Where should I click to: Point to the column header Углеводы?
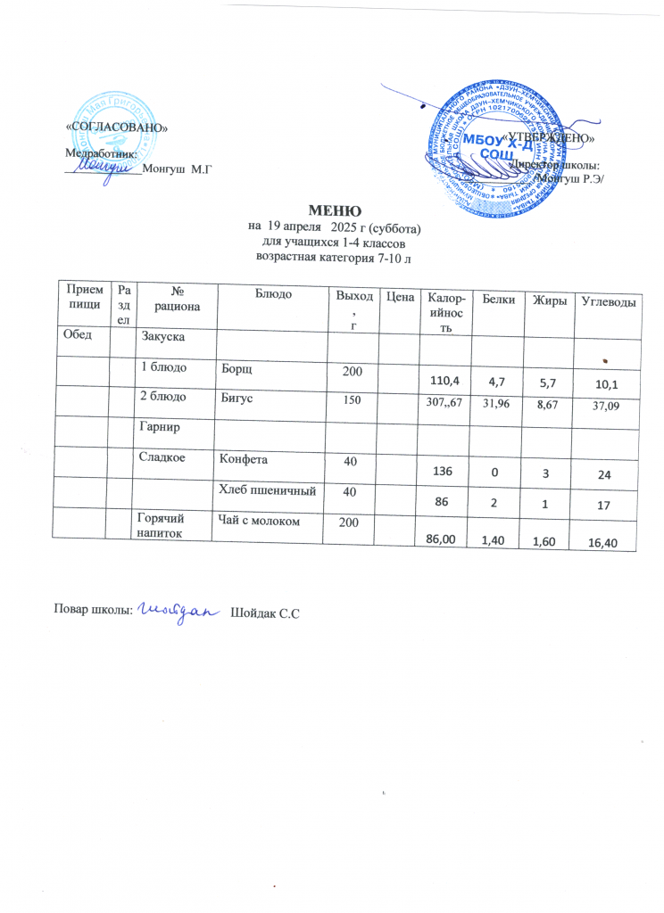point(608,301)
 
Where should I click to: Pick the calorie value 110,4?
point(444,382)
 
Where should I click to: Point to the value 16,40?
point(607,539)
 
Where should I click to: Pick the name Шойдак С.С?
point(264,613)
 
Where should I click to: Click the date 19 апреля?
point(290,227)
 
